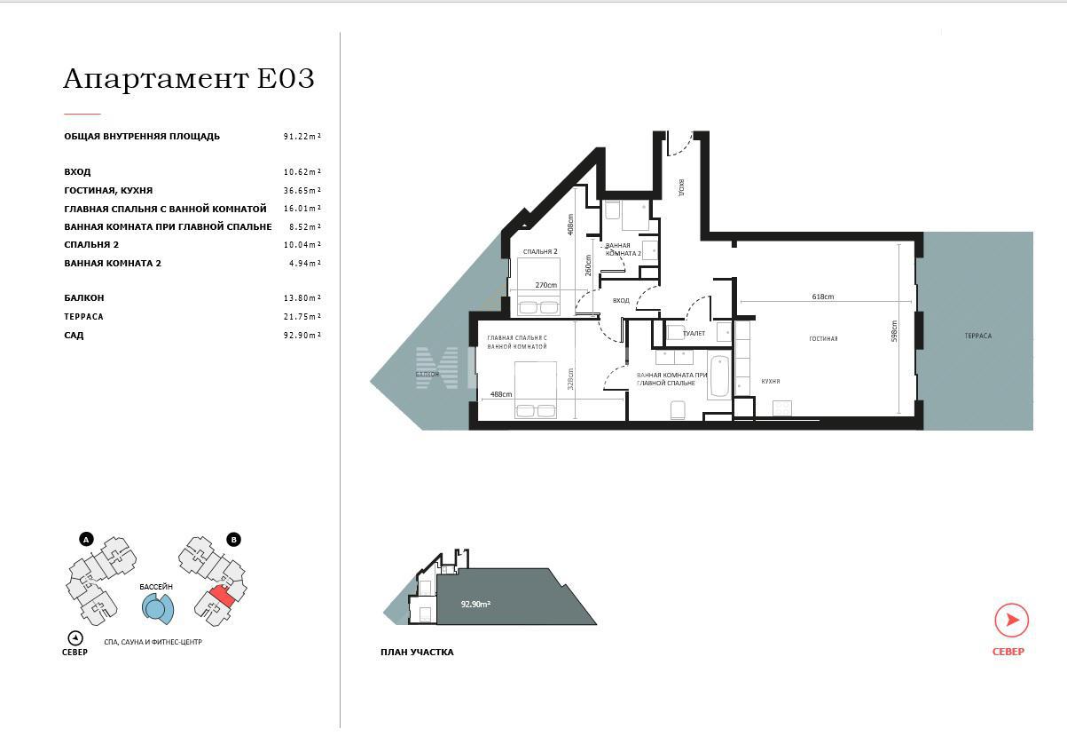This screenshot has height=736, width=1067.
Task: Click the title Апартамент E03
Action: [188, 79]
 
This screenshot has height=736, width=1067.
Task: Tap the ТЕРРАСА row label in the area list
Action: [83, 317]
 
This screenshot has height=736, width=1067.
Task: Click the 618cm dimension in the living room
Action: [822, 297]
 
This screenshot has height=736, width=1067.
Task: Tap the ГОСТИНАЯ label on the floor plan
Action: [822, 338]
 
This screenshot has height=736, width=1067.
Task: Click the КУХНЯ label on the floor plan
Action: [770, 381]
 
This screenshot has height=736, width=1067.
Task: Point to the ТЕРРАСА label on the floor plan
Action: [977, 336]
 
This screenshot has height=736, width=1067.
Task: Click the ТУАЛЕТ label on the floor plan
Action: [694, 333]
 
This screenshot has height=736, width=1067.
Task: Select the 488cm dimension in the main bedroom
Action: [500, 394]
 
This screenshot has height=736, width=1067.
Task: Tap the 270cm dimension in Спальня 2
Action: [545, 285]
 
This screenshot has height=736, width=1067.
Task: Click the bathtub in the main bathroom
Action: [719, 376]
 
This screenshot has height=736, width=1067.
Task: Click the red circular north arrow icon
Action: [1011, 621]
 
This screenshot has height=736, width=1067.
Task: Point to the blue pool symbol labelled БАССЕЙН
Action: [156, 607]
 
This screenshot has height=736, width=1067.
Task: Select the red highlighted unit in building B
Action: [222, 597]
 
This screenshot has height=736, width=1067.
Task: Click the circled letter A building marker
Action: [86, 539]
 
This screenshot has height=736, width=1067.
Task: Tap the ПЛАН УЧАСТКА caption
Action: [417, 653]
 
